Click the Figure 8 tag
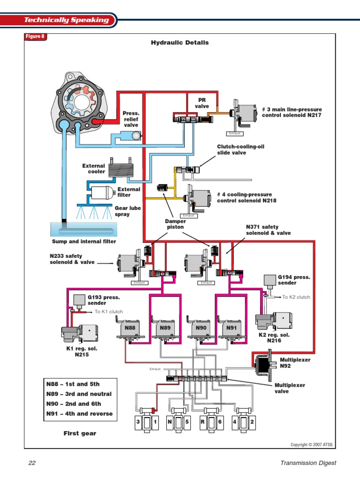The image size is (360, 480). coord(35,37)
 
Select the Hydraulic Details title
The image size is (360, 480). coord(180,43)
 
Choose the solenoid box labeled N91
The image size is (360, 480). coord(232,328)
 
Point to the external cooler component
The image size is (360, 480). coord(120,168)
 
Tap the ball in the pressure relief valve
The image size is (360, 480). coord(135,135)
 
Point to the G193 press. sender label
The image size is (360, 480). coord(104,300)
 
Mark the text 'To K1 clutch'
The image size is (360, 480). coord(109,312)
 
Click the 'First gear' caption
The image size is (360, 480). coord(80,434)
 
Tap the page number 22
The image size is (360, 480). coord(32,463)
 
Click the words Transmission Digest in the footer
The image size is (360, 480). coord(308,463)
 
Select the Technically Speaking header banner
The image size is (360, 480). coord(66,20)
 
